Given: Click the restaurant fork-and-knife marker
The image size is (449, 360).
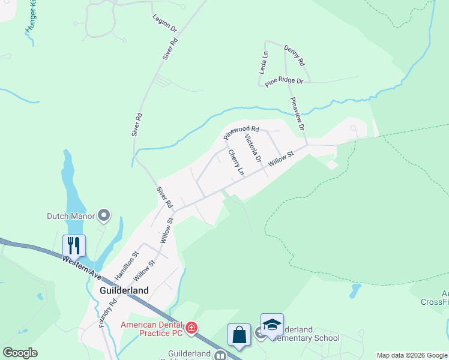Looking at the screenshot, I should tap(74, 245).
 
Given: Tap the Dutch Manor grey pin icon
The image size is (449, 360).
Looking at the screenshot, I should tap(104, 215).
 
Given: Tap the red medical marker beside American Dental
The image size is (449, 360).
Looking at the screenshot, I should tap(191, 328).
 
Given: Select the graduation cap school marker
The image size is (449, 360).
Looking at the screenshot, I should tap(272, 325).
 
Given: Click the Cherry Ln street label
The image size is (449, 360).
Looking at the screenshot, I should tap(237, 162).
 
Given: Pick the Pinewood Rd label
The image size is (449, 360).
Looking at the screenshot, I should tap(241, 132).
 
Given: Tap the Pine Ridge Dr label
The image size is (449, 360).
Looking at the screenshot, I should tap(284, 81).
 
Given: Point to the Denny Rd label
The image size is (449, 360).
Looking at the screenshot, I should tap(295, 56).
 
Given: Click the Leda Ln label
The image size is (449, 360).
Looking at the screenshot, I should tap(263, 62).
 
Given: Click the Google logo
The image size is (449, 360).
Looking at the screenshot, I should tap(20, 353).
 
